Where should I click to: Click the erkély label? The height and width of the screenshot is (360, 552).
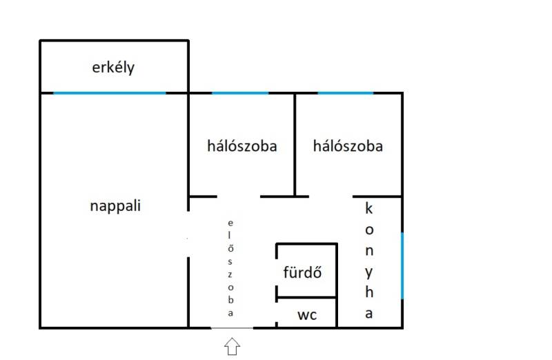[113, 68]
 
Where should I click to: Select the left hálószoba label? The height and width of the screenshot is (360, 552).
[241, 146]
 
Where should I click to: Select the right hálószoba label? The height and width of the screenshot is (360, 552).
[348, 146]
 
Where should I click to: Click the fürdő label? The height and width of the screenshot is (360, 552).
[302, 272]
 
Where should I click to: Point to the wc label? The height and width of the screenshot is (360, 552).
[307, 315]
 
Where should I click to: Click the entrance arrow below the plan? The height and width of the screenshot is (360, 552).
[232, 346]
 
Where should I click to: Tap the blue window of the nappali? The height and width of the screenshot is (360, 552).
[110, 93]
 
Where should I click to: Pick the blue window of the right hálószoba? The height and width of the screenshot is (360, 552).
[345, 93]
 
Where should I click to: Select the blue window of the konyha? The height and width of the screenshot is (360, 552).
[402, 266]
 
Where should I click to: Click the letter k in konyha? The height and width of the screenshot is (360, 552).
[369, 208]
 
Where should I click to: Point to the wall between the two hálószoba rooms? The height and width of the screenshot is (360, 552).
[295, 145]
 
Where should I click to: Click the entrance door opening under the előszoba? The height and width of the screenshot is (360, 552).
[232, 328]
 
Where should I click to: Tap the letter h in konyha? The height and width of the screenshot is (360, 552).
[369, 291]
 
